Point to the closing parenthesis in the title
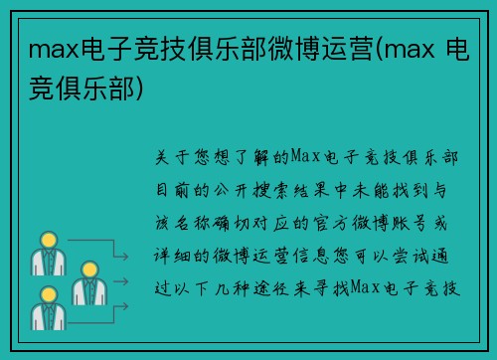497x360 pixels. pos(148,89)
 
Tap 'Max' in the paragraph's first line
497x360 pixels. pos(303,157)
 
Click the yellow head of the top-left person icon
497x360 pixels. pos(46,240)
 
